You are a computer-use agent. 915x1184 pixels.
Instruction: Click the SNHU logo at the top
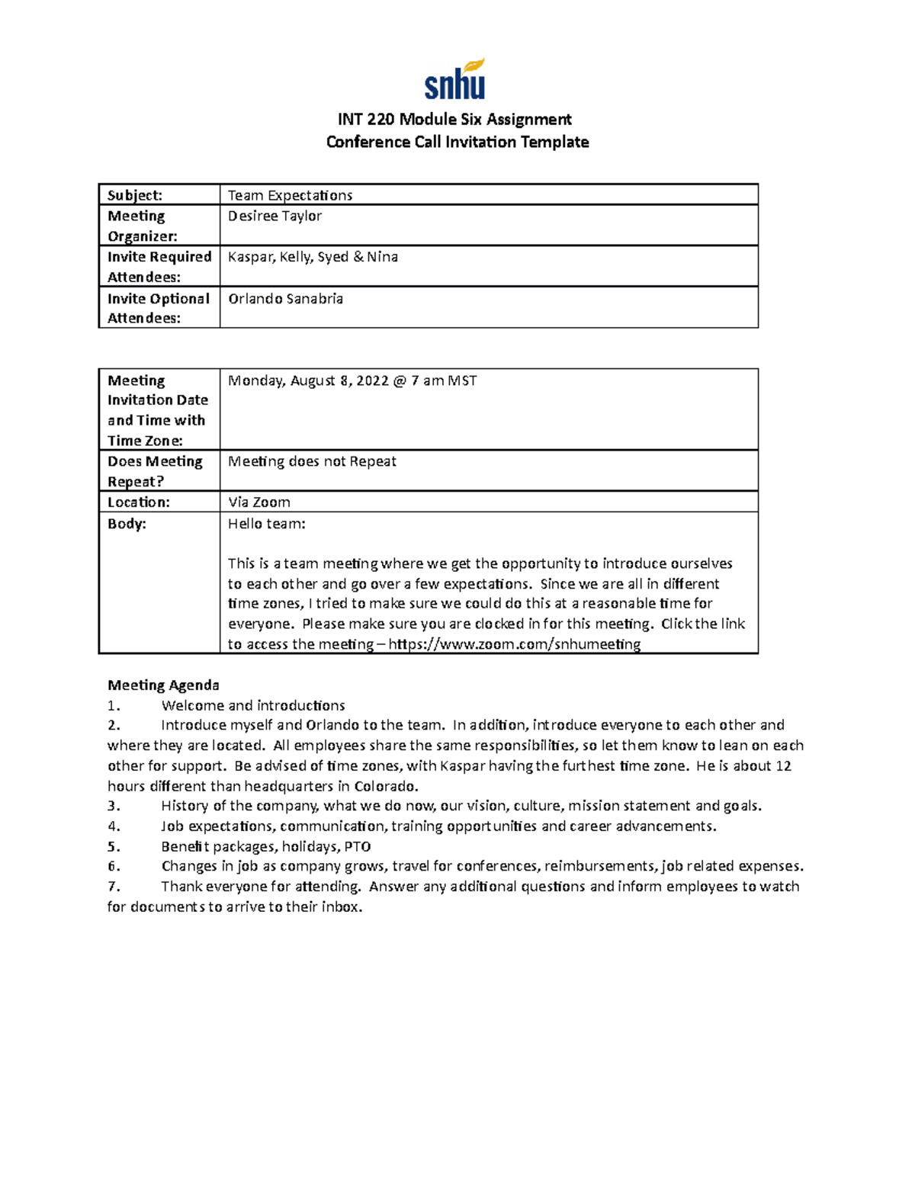point(455,80)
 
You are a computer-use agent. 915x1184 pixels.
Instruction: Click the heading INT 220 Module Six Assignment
point(455,119)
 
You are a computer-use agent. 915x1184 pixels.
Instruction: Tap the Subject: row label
point(134,195)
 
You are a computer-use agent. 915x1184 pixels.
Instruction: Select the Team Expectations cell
point(291,195)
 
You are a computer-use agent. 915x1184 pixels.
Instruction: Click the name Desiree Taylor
point(274,216)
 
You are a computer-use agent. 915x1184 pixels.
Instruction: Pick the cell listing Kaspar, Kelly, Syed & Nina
point(313,257)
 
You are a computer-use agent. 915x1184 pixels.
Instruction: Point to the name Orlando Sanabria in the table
point(285,299)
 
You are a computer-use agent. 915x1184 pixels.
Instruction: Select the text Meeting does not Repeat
point(312,461)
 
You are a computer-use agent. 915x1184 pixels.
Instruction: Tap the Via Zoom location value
point(259,502)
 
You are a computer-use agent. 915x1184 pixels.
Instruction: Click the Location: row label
point(138,502)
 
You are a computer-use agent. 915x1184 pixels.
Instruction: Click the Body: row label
point(127,524)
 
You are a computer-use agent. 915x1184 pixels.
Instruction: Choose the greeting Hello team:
point(266,524)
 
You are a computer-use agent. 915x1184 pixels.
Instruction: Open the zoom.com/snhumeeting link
point(515,644)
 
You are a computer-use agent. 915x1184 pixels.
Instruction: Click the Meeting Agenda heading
point(163,685)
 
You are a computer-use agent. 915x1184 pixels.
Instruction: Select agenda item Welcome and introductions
point(253,706)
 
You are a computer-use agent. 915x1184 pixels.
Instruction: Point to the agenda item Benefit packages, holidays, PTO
point(266,846)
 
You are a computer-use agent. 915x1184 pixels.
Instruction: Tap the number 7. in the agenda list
point(114,887)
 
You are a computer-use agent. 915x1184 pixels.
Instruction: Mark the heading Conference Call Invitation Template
point(457,142)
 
